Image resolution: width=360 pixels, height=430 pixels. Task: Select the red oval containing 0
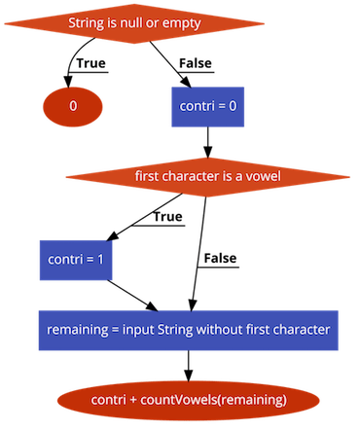73,103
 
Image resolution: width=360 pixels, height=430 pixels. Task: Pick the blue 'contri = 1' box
73,261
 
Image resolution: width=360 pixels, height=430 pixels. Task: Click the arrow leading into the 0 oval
71,68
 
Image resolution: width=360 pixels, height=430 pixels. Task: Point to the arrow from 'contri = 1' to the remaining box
132,294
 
